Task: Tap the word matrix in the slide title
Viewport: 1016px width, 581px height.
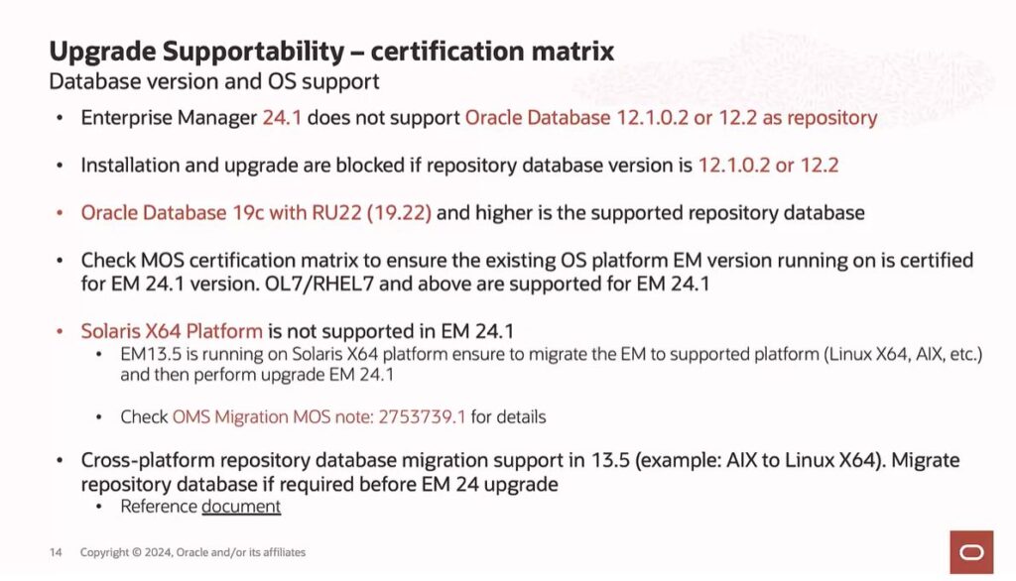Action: (572, 51)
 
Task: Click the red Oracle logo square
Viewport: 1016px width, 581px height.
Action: (971, 552)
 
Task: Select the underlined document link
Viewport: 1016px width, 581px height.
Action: (241, 506)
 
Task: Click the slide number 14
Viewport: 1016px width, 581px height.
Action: (56, 552)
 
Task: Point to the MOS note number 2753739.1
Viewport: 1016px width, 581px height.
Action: (422, 416)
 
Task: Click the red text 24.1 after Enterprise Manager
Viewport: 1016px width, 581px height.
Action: (282, 118)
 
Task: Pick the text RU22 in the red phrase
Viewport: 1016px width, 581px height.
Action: (336, 212)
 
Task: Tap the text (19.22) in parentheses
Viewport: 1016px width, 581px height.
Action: (399, 212)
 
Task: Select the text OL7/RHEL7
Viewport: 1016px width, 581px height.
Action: (318, 284)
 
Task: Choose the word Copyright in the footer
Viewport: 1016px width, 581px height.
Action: (104, 552)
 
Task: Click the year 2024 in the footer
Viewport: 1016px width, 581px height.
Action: (158, 552)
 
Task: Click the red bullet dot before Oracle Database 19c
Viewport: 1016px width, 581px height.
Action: (60, 212)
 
